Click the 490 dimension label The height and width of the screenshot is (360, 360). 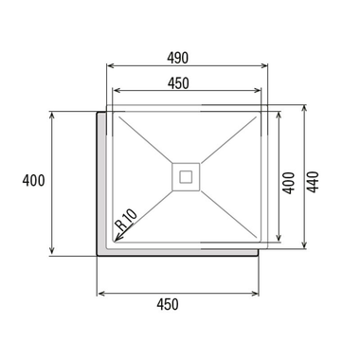tap(178, 58)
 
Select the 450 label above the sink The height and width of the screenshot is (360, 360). tap(178, 83)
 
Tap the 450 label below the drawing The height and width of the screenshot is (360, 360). tap(168, 304)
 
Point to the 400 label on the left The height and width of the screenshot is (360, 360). tap(33, 181)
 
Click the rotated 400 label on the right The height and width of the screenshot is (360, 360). tap(288, 183)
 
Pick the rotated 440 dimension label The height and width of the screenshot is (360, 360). tap(313, 182)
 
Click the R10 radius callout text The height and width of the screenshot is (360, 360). tap(127, 219)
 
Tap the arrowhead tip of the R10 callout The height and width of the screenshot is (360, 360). tap(114, 242)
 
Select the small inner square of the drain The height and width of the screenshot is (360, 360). tap(186, 177)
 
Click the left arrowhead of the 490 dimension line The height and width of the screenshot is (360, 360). tap(107, 65)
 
